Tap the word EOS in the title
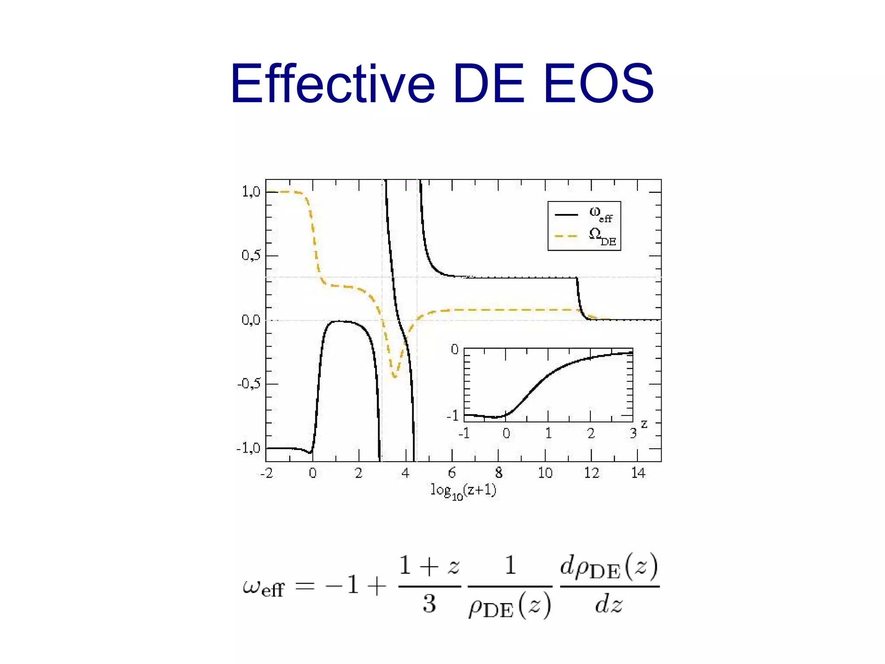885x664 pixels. (x=598, y=83)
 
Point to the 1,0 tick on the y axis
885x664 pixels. (x=251, y=192)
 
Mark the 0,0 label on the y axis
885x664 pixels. (x=251, y=320)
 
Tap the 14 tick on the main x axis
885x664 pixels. (x=638, y=473)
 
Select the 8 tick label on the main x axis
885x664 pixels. (x=499, y=473)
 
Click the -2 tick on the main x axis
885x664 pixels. (x=267, y=473)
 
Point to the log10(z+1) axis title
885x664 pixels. (x=463, y=491)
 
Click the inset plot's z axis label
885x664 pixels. (x=644, y=424)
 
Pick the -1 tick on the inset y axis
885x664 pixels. (x=453, y=416)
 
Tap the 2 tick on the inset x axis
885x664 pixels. (x=591, y=433)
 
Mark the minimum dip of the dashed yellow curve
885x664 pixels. (x=394, y=376)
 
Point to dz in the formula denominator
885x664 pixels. (x=608, y=604)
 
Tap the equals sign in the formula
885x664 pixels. (x=305, y=587)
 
